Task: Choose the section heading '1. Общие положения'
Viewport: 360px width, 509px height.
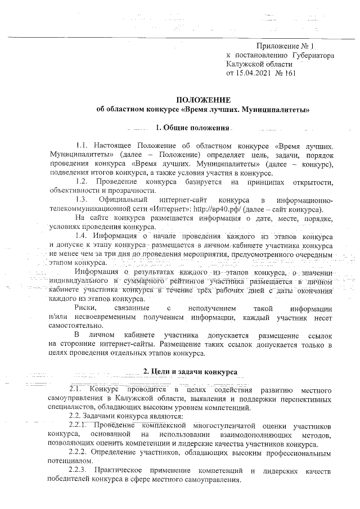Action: pos(193,127)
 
